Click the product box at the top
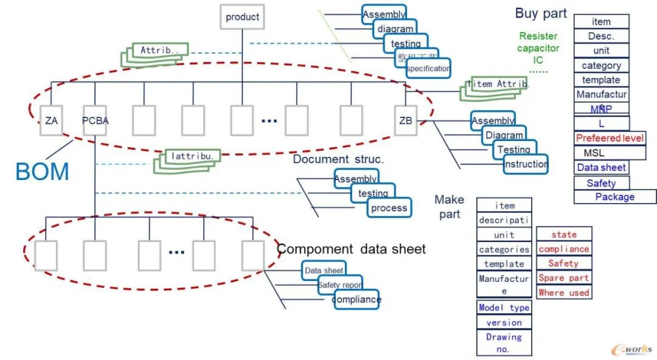tap(242, 17)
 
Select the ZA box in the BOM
tap(51, 120)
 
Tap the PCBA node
tap(96, 120)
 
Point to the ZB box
tap(406, 120)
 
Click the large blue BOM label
tap(42, 172)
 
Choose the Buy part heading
tap(541, 13)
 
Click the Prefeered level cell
tap(610, 138)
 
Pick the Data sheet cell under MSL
tap(602, 167)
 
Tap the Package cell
tap(615, 196)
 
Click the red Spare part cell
tap(564, 278)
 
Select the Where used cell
tap(564, 292)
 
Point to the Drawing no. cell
tap(504, 343)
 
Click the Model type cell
tap(504, 308)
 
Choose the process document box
tap(389, 208)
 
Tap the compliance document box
tap(356, 299)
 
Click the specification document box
tap(428, 69)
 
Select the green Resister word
tap(538, 36)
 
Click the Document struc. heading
tap(338, 159)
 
